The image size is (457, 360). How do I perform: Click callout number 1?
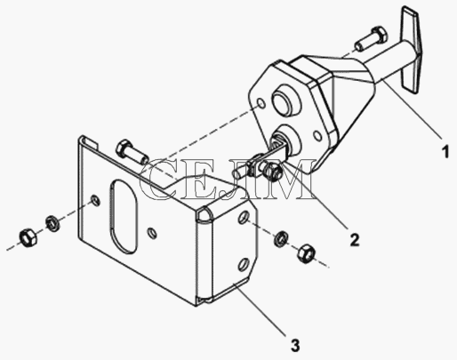point(445,151)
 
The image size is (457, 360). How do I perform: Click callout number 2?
point(355,239)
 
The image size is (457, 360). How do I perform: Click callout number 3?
point(295,345)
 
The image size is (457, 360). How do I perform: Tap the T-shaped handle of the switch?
point(411,50)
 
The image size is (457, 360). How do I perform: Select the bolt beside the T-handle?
point(371,38)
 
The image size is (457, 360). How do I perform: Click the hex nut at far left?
point(28,237)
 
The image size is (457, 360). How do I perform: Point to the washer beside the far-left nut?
point(52,224)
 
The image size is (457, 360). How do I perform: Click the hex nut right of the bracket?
point(306,252)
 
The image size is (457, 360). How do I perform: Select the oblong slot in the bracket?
point(124,217)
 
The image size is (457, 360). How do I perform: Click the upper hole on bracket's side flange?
point(244,218)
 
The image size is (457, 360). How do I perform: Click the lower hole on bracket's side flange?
point(244,264)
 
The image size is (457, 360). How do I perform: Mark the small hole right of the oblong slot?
point(152,233)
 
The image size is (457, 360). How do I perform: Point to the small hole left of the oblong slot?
point(95,201)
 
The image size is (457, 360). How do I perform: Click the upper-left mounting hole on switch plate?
point(261,103)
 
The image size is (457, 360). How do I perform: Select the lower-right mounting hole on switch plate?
point(317,136)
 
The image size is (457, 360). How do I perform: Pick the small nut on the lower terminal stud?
point(271,172)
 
